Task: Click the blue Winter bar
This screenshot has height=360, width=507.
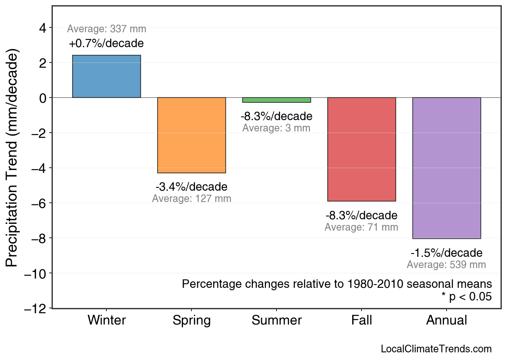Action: [106, 76]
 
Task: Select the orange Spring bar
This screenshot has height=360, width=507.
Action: [191, 135]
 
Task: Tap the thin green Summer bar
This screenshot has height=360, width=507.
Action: [276, 100]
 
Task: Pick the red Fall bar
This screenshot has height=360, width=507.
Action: [362, 149]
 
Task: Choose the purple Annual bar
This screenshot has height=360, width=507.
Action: [447, 168]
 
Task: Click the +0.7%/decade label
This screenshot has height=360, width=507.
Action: [106, 43]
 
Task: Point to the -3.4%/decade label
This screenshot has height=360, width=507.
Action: [191, 187]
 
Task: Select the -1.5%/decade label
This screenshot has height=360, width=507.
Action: [447, 253]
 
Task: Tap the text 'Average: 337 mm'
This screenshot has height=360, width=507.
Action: [106, 29]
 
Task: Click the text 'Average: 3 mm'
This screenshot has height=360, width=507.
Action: [276, 128]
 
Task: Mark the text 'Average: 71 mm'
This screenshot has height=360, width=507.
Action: [362, 227]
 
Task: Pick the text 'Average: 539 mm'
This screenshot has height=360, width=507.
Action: [447, 265]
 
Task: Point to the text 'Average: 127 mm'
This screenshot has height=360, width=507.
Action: [191, 199]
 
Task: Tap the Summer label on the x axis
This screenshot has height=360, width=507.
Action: [276, 320]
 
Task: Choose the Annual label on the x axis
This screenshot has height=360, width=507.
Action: [447, 320]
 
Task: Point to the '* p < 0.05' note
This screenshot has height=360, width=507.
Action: [466, 297]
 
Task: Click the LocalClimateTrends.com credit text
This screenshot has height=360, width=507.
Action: [436, 349]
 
